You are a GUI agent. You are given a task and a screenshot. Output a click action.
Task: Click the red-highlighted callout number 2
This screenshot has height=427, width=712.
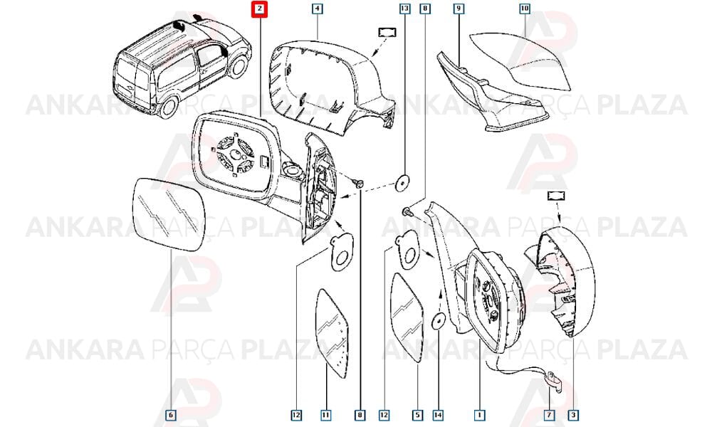coord(259,9)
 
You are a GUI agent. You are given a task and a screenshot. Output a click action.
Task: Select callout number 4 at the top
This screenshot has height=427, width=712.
coord(317,9)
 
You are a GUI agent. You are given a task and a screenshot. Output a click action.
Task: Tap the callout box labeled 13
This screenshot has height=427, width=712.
coord(404,9)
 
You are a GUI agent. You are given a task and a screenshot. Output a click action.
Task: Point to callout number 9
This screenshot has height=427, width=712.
coord(459,9)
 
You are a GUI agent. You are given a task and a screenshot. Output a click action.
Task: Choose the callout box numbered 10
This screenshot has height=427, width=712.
coord(524,9)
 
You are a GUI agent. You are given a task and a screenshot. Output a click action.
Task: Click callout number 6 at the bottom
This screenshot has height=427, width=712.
coord(170,415)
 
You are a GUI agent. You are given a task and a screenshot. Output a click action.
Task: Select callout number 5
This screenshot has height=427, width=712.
coord(417,415)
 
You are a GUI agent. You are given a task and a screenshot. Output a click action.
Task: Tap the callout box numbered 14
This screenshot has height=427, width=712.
coord(438,415)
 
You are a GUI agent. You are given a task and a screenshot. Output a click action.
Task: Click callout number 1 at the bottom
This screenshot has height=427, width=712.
coord(479,415)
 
